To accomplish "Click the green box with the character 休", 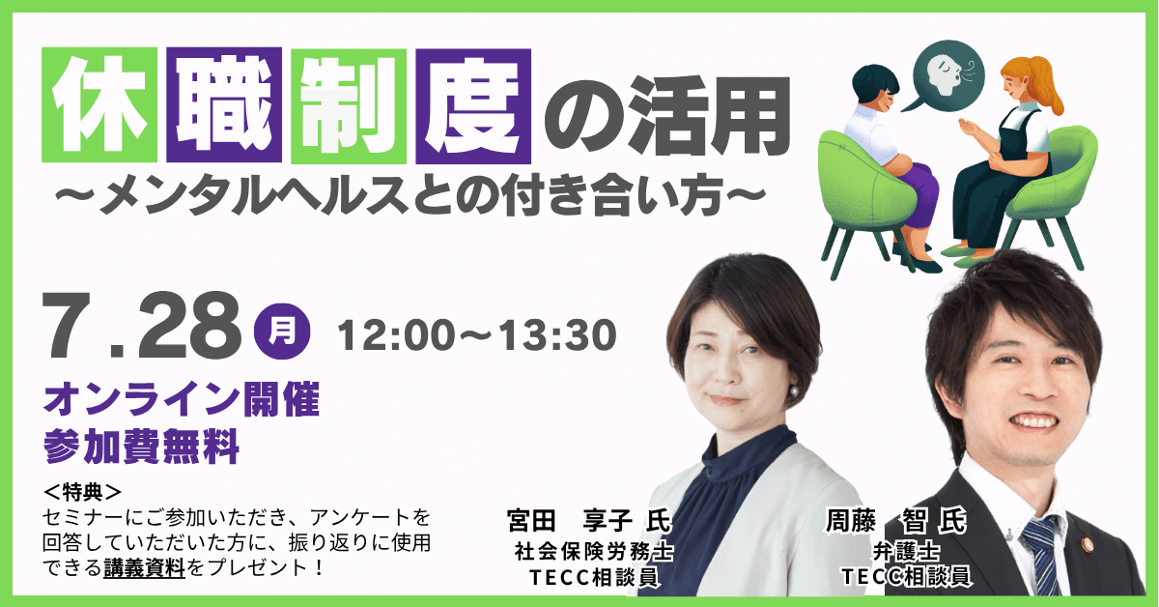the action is (99, 105).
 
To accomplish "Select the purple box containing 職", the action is (224, 105).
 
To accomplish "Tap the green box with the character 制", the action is (349, 106).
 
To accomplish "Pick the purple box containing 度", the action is (473, 106).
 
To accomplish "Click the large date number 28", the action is (190, 326).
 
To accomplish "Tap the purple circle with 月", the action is (282, 332).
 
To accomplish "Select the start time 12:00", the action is (396, 335).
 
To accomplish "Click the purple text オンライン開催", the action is (182, 399).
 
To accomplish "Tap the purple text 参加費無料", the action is (141, 446).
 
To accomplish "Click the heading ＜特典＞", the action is (83, 492).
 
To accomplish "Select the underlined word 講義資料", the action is (144, 568).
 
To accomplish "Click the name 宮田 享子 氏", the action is (589, 521).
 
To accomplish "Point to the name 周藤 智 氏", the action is (896, 521).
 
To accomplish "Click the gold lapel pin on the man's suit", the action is (1086, 545).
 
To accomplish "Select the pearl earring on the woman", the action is (793, 391).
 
